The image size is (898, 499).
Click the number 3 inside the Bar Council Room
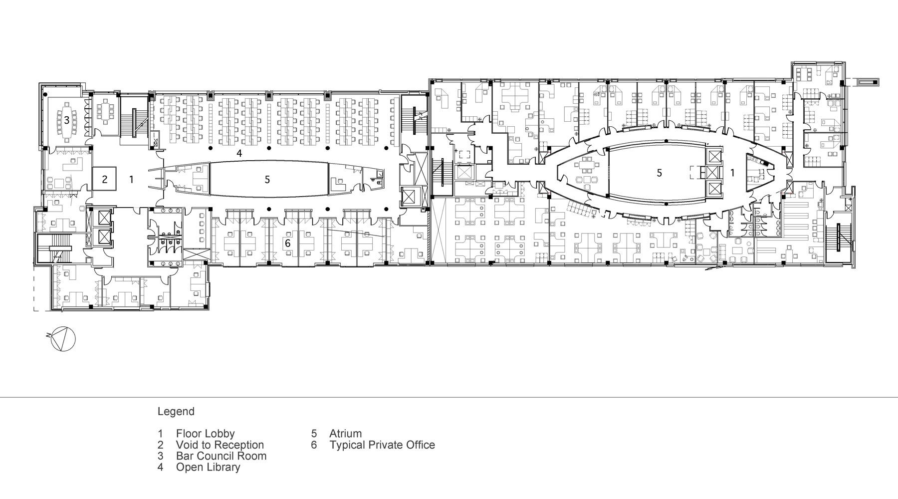pyautogui.click(x=66, y=120)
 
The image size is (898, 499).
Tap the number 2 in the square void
pyautogui.click(x=105, y=179)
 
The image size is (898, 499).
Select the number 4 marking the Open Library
pyautogui.click(x=239, y=154)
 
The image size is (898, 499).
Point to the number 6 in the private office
pyautogui.click(x=287, y=243)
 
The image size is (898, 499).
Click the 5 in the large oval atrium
pyautogui.click(x=660, y=173)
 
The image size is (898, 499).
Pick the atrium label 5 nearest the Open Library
pyautogui.click(x=267, y=179)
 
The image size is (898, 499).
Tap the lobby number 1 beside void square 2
pyautogui.click(x=132, y=179)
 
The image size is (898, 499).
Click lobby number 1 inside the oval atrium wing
pyautogui.click(x=732, y=173)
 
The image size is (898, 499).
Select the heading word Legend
pyautogui.click(x=176, y=412)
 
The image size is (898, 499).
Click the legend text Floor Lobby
pyautogui.click(x=205, y=434)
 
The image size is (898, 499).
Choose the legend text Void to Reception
pyautogui.click(x=220, y=445)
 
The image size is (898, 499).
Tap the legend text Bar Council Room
pyautogui.click(x=221, y=456)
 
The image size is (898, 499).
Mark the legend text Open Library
pyautogui.click(x=208, y=468)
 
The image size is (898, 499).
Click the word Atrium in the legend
pyautogui.click(x=345, y=434)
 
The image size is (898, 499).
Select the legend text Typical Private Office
pyautogui.click(x=382, y=445)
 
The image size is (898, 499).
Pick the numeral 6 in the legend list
pyautogui.click(x=314, y=445)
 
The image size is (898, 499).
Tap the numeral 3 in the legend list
pyautogui.click(x=161, y=456)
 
